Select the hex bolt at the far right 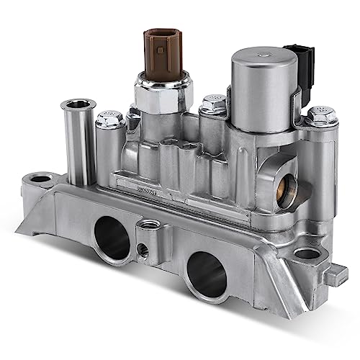[319, 115]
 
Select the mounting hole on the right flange [307, 253]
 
